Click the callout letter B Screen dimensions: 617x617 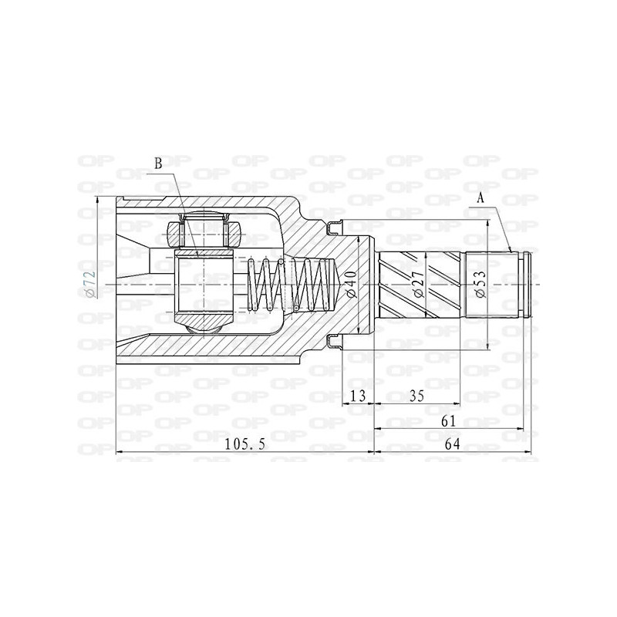point(158,164)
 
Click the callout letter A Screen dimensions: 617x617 point(480,198)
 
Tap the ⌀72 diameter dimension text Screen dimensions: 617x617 point(90,284)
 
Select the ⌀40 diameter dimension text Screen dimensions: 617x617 point(352,285)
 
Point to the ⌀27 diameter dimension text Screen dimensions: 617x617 point(419,284)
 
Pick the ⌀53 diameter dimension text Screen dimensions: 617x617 point(480,284)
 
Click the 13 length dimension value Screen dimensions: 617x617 point(358,396)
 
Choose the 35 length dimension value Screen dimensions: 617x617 point(416,396)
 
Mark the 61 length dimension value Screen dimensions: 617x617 point(448,420)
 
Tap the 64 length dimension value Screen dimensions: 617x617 point(452,444)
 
